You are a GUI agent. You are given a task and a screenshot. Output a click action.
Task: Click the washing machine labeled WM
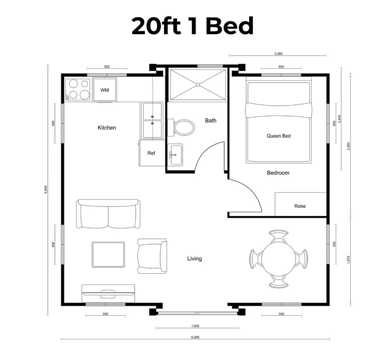tap(105, 90)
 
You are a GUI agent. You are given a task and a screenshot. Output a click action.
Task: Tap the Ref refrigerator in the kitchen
tap(152, 153)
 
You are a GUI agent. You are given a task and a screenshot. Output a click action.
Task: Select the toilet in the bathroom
tap(181, 128)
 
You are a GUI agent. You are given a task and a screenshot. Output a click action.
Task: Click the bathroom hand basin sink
tap(175, 155)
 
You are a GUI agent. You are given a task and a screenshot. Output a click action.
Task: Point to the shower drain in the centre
tap(198, 84)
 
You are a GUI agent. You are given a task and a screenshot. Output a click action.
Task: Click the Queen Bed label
tap(278, 136)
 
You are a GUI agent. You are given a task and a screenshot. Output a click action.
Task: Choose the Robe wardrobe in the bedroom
tap(301, 204)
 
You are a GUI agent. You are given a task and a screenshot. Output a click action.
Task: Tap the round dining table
tap(278, 258)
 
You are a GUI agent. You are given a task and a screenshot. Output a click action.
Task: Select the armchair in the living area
tap(152, 256)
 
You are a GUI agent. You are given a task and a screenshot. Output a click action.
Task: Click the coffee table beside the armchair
tap(109, 255)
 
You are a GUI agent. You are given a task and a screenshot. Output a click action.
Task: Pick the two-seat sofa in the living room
tap(109, 214)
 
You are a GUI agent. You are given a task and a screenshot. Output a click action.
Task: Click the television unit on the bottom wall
tap(109, 294)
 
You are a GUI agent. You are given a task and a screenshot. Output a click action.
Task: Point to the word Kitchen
tap(107, 128)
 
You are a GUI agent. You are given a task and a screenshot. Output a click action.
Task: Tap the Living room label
tap(195, 259)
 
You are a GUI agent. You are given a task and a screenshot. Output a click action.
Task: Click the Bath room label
tap(211, 121)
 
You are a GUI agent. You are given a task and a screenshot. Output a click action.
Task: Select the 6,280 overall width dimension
tap(195, 337)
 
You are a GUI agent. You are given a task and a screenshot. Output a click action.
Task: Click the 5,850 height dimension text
tap(46, 190)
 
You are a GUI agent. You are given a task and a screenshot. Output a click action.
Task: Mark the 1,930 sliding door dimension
tap(195, 326)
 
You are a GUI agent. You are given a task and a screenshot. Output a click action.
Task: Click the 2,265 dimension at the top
tap(278, 53)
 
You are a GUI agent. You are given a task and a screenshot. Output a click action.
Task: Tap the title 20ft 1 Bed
tap(192, 26)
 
